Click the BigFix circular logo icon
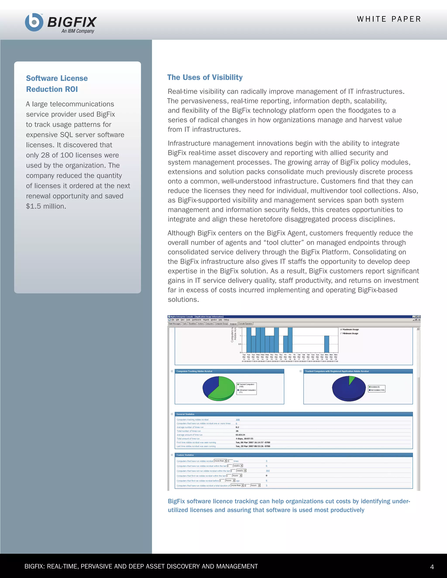point(34,22)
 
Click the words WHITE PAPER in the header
point(389,19)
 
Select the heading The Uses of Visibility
point(205,77)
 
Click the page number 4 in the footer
point(432,567)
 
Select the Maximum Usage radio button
point(341,330)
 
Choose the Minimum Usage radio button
point(341,333)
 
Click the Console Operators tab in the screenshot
point(246,324)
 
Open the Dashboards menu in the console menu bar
point(196,320)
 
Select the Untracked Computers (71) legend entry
point(247,391)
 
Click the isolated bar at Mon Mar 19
point(327,344)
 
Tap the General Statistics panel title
point(185,414)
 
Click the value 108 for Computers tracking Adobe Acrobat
point(237,419)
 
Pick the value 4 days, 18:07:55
point(244,439)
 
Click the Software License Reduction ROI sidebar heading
point(57,84)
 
